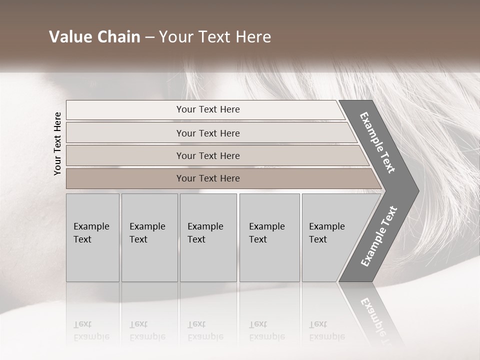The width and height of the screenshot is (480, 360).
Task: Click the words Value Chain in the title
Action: [94, 37]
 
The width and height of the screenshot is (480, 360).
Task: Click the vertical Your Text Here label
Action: [57, 143]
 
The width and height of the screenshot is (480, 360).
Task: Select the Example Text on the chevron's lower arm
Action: [379, 236]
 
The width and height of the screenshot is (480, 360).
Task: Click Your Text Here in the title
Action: [215, 37]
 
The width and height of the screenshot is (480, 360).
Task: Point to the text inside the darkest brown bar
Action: [208, 178]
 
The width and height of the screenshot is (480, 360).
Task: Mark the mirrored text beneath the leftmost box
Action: [91, 330]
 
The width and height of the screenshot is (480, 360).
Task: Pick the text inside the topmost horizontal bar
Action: [208, 109]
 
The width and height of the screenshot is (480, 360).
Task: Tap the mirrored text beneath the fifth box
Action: [327, 330]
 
